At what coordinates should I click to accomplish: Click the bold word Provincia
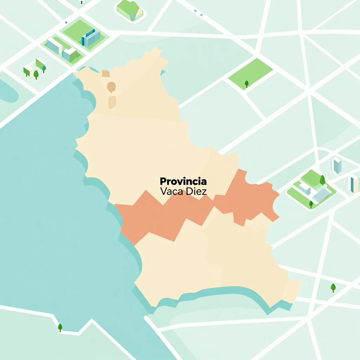[x=183, y=181]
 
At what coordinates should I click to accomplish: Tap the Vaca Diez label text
[x=183, y=192]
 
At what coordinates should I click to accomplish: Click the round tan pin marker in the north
[x=111, y=86]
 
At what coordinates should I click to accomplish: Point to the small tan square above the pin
[x=105, y=73]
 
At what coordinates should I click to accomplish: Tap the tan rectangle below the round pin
[x=112, y=102]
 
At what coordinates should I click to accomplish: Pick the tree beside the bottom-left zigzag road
[x=60, y=327]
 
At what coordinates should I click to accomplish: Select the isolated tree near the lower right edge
[x=333, y=288]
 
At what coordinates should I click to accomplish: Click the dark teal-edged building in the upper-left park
[x=91, y=38]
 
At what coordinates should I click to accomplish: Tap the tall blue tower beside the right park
[x=336, y=165]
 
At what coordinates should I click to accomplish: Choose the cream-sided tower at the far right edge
[x=353, y=184]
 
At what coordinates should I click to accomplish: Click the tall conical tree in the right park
[x=322, y=180]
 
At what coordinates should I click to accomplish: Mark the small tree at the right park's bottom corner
[x=311, y=204]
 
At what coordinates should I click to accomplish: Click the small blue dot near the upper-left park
[x=66, y=22]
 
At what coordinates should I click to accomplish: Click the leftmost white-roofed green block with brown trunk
[x=27, y=70]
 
